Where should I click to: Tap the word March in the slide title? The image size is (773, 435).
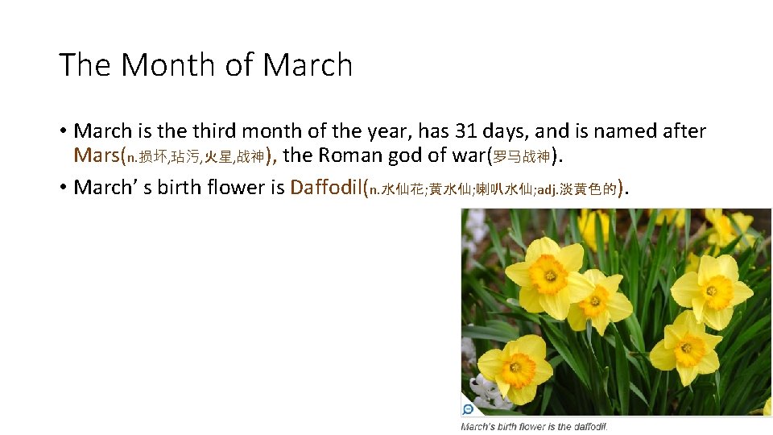308,65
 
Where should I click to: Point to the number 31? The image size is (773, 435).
465,130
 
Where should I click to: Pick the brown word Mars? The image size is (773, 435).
96,155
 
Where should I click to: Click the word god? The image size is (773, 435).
411,155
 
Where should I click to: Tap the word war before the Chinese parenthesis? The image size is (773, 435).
468,155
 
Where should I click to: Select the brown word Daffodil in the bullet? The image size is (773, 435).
326,188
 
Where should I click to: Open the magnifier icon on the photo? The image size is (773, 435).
468,408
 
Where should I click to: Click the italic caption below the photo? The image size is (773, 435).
534,426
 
